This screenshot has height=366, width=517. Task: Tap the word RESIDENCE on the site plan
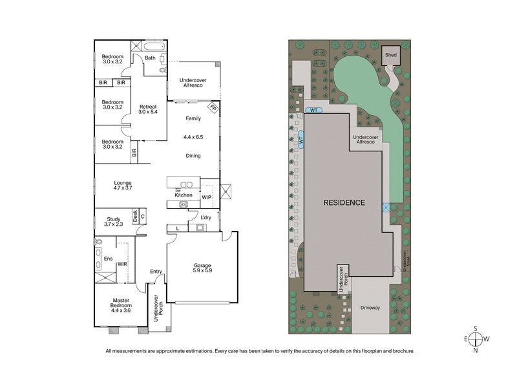[344, 202]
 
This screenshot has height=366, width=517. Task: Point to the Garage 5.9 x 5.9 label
[193, 268]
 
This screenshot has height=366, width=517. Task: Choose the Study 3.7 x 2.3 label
[113, 221]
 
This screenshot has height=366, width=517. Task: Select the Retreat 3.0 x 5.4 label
[149, 109]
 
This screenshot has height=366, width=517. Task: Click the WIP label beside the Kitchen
[206, 197]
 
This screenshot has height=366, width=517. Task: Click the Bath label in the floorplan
[150, 58]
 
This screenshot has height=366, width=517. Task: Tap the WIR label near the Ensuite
[121, 264]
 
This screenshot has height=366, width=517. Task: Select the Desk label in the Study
[135, 217]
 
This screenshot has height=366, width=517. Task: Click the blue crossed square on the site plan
[386, 207]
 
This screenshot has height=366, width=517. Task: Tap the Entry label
[155, 271]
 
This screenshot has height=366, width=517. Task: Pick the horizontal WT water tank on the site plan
[313, 110]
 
